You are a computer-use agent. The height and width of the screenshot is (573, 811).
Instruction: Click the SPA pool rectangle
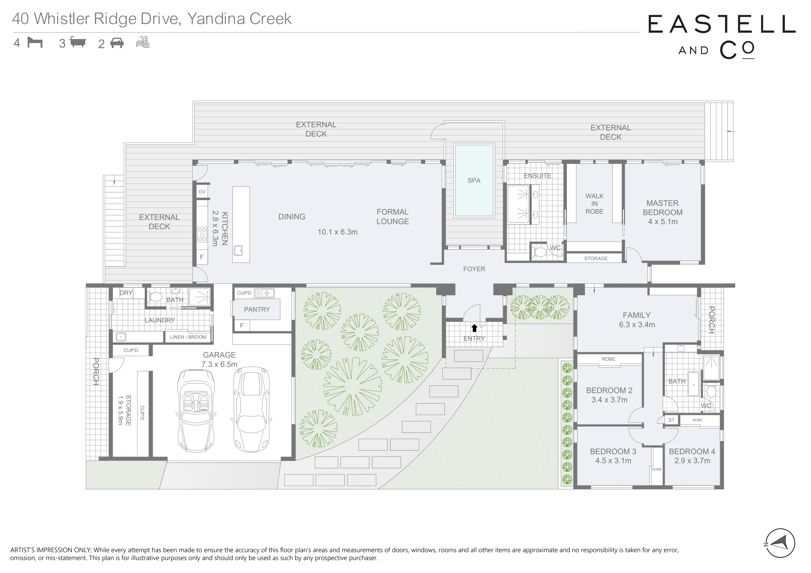(x=474, y=180)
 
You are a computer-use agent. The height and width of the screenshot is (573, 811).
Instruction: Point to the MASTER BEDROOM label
(x=662, y=208)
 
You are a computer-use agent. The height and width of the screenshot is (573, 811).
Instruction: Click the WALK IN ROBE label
(x=594, y=204)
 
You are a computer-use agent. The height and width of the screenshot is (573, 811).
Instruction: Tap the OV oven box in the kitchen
(x=202, y=192)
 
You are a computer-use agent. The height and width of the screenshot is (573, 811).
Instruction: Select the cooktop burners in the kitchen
(x=202, y=235)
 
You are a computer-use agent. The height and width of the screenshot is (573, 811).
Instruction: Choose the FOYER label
(x=474, y=269)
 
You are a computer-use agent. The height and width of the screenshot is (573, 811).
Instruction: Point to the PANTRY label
(x=257, y=309)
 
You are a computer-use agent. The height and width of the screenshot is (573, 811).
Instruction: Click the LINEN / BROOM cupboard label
(x=188, y=337)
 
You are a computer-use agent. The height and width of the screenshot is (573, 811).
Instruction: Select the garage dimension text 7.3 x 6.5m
(x=219, y=364)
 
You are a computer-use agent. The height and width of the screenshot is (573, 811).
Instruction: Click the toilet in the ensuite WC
(x=539, y=252)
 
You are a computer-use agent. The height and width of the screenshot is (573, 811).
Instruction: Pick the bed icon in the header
(x=35, y=43)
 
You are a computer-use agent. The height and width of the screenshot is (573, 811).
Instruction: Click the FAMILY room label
(x=636, y=315)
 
